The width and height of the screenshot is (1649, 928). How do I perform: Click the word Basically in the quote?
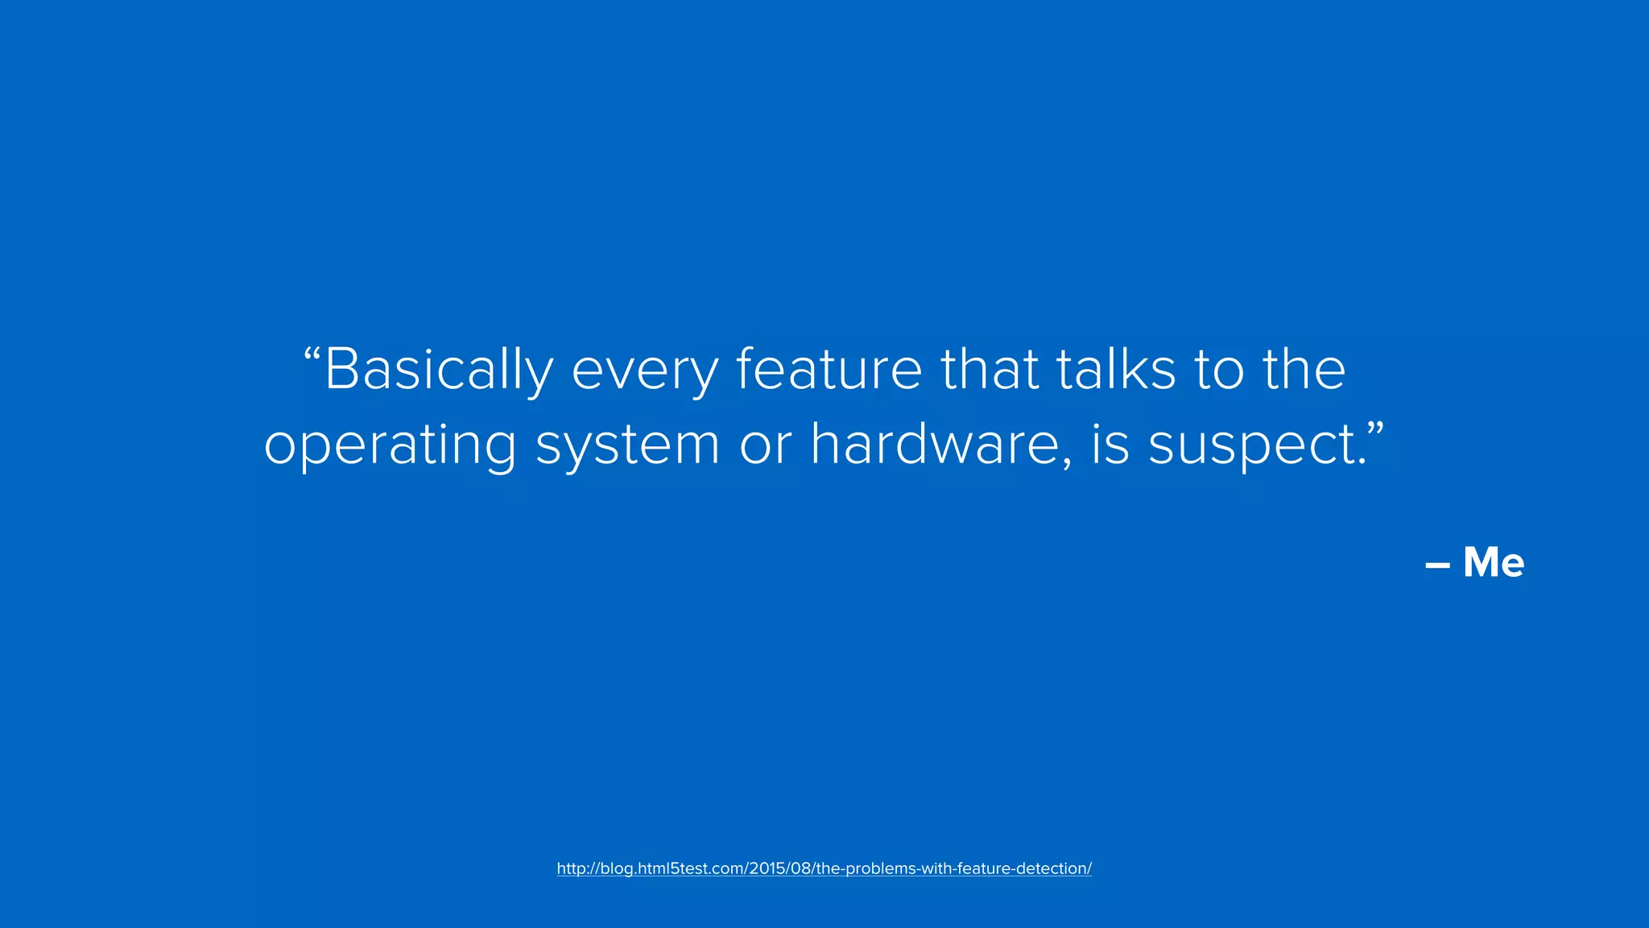point(439,370)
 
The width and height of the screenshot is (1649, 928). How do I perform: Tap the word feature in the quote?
point(829,370)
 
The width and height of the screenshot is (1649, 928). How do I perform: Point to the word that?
point(990,370)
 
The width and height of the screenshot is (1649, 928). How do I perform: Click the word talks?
point(1116,370)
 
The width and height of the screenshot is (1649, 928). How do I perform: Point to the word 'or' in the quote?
point(765,445)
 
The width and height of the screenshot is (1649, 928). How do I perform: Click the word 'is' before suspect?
point(1110,445)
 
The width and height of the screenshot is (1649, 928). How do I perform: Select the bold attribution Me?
point(1494,562)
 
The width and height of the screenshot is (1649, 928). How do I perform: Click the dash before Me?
point(1437,565)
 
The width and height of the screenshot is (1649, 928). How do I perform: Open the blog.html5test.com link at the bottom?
point(824,868)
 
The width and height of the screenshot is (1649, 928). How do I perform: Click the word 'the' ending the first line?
point(1304,370)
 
